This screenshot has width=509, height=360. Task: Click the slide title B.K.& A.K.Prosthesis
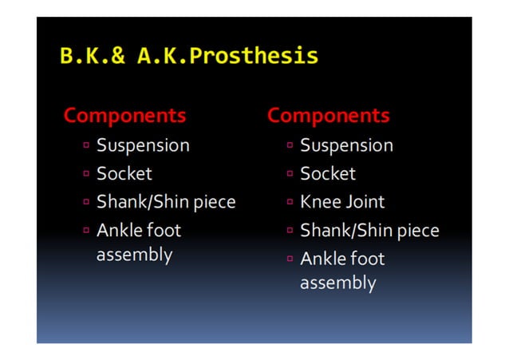click(189, 57)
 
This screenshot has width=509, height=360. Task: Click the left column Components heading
click(124, 116)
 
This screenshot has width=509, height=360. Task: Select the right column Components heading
click(328, 116)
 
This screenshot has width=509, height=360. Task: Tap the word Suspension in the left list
click(143, 145)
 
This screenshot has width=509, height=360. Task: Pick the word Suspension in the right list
click(346, 145)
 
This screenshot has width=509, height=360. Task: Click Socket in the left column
click(124, 173)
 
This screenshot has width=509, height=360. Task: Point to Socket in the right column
click(327, 173)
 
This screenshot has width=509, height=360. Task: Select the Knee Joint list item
click(341, 202)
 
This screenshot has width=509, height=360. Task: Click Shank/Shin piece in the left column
click(166, 202)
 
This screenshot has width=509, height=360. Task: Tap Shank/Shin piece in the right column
click(369, 231)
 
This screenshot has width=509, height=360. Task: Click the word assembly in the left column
click(134, 255)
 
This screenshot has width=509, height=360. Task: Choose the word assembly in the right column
click(337, 283)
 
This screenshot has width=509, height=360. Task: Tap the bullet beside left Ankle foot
click(86, 231)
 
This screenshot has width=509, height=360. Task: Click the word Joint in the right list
click(365, 202)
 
